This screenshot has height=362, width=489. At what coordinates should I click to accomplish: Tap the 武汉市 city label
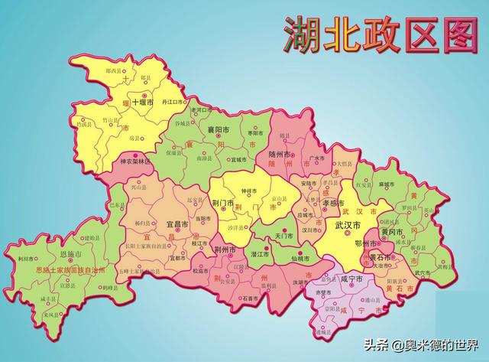(x=349, y=225)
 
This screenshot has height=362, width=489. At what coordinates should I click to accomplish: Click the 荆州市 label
(x=228, y=249)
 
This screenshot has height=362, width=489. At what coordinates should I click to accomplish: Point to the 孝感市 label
(x=315, y=204)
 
